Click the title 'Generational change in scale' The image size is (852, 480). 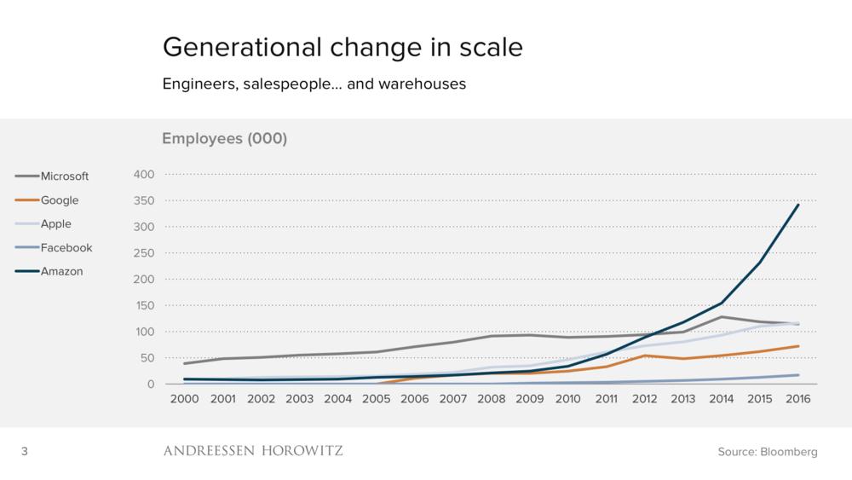pos(342,48)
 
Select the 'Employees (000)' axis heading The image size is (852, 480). pos(224,139)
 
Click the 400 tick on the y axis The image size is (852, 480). pos(144,175)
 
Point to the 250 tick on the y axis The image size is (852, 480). pos(144,253)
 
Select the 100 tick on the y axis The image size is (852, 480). pos(144,332)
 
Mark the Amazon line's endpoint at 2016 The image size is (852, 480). pos(798,205)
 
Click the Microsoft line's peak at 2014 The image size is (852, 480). pos(721,317)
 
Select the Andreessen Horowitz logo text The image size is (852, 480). pos(253,451)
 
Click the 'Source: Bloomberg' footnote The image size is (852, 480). pos(768,452)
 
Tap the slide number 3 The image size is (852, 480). pos(25,451)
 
